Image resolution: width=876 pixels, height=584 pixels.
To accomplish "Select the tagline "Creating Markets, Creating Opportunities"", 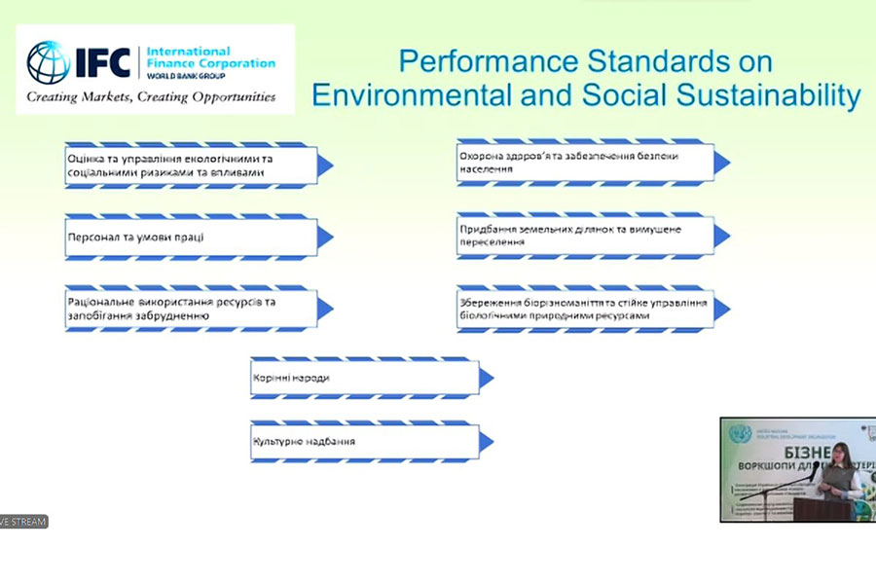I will [151, 97].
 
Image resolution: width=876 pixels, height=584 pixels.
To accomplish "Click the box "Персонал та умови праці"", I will [191, 237].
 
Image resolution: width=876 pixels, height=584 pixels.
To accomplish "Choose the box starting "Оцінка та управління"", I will [191, 165].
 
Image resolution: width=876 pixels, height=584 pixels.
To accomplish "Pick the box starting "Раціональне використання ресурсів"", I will [191, 309].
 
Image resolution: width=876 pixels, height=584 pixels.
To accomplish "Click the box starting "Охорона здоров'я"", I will [585, 163].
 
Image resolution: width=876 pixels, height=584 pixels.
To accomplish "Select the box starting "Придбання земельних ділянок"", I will [585, 236].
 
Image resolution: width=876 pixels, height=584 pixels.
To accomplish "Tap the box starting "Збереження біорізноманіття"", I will [585, 309].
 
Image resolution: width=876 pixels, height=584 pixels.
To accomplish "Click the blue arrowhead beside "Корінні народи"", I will [487, 379].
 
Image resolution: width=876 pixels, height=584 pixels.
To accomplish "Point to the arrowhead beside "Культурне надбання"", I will [487, 442].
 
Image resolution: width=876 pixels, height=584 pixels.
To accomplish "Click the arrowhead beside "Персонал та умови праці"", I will [325, 237].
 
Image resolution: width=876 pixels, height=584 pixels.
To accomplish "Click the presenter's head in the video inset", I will [838, 453].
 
